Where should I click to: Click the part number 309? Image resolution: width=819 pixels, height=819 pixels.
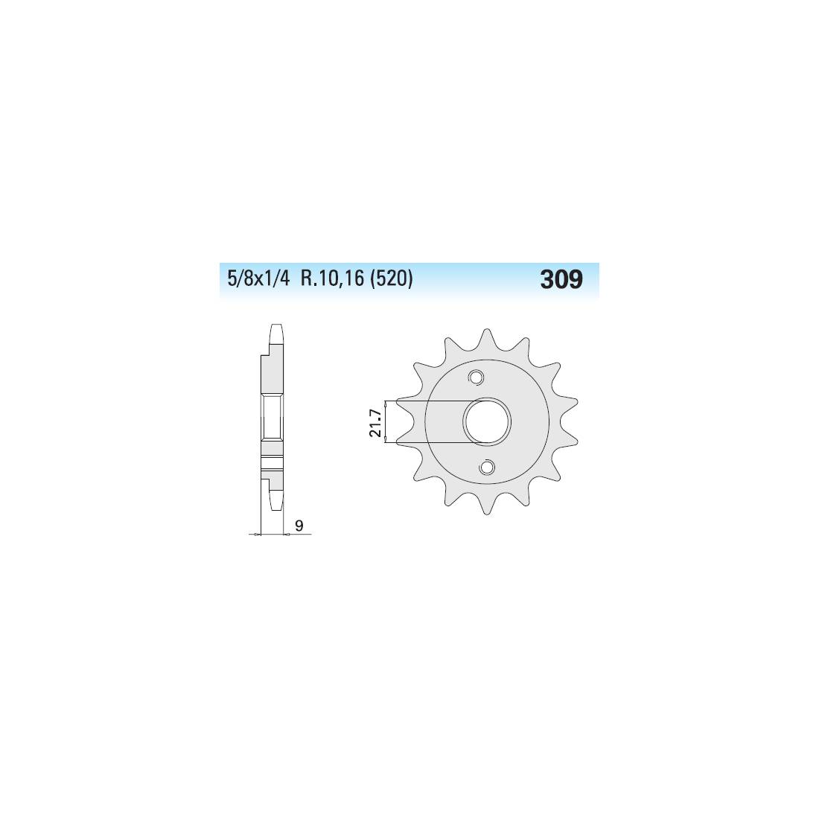[561, 279]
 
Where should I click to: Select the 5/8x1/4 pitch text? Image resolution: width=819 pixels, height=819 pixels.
[258, 279]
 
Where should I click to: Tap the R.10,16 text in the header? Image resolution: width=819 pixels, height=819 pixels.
[331, 279]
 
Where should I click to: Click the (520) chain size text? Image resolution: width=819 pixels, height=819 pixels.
[391, 279]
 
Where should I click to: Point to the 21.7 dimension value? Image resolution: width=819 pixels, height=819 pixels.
[375, 423]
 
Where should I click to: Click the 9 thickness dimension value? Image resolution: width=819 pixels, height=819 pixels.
[299, 526]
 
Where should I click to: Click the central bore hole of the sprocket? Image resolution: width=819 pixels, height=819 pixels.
[488, 421]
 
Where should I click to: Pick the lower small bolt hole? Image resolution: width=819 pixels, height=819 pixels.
[488, 467]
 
